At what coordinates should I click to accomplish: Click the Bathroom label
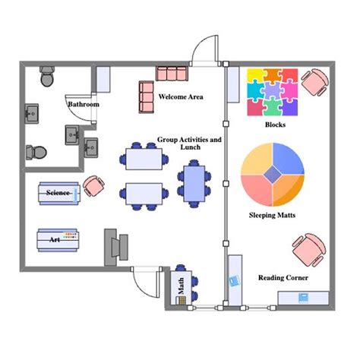pos(84,104)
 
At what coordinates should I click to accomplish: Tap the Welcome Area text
pos(181,96)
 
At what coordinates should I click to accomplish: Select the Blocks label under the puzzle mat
pos(275,125)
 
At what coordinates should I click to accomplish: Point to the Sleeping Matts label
pos(272,215)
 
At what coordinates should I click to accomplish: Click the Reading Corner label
pos(283,278)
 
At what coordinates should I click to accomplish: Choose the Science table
pos(59,193)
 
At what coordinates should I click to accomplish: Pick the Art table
pos(58,240)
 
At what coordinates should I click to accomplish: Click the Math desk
pos(181,288)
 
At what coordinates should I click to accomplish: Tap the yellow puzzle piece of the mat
pos(256,75)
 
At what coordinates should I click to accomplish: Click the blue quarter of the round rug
pos(287,158)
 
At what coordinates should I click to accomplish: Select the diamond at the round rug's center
pos(273,175)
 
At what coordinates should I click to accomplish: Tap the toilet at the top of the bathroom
pos(47,76)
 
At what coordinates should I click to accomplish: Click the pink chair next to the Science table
pos(93,186)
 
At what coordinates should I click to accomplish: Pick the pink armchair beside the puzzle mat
pos(315,82)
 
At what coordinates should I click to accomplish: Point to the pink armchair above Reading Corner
pos(309,250)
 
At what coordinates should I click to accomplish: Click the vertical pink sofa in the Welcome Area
pos(147,97)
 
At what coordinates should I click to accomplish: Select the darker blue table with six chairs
pos(194,184)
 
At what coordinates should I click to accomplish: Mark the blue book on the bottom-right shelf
pos(302,298)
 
